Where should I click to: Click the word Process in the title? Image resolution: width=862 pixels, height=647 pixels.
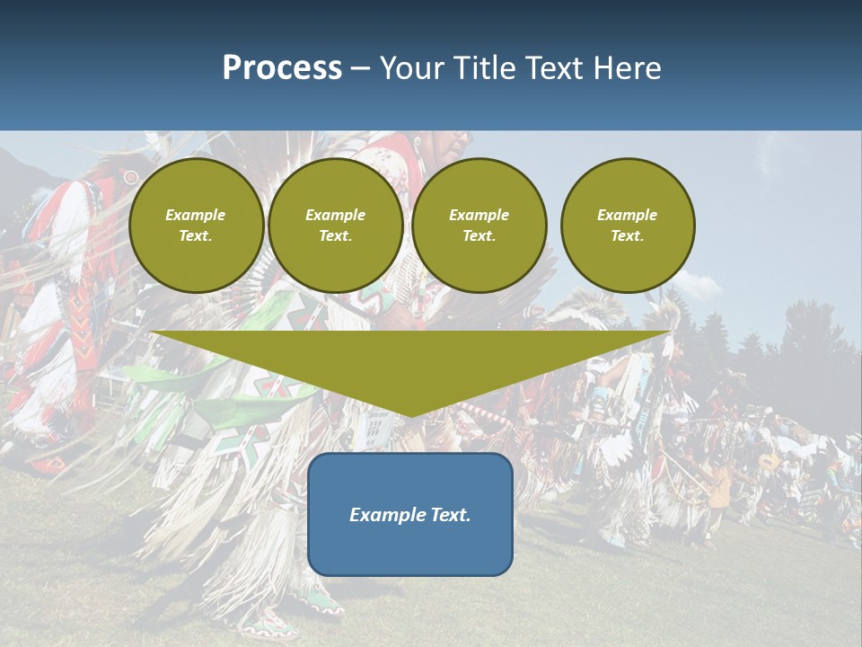click(x=282, y=68)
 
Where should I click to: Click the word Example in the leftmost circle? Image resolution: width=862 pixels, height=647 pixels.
click(x=195, y=215)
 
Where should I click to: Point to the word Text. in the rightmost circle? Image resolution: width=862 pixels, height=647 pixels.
click(x=628, y=236)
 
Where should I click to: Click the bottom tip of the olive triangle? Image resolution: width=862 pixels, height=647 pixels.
click(x=411, y=414)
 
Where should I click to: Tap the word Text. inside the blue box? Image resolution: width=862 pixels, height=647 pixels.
click(x=451, y=515)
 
